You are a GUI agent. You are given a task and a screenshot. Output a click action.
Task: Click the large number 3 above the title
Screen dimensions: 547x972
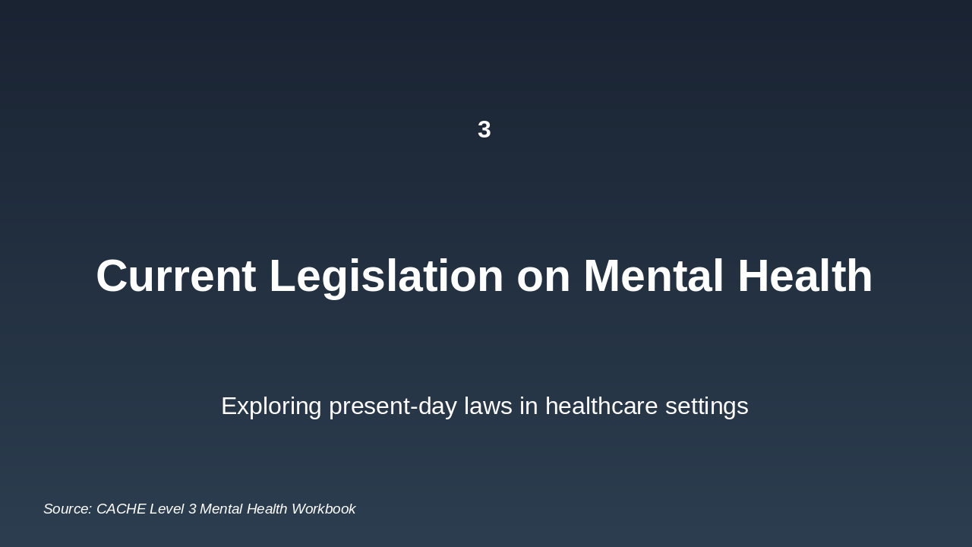click(484, 130)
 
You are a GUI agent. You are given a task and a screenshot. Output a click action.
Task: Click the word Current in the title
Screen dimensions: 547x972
click(175, 276)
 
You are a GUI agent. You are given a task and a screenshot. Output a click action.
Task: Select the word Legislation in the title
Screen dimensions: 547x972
click(387, 276)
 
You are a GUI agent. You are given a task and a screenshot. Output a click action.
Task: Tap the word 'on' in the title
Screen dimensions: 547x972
click(543, 276)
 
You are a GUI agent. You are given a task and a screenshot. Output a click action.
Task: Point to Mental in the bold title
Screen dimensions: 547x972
click(653, 276)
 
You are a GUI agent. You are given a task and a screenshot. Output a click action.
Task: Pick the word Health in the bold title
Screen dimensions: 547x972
click(805, 276)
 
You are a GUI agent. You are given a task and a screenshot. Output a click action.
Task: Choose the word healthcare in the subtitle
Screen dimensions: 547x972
click(601, 406)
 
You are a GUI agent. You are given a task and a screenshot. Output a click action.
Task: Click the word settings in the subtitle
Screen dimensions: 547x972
click(706, 406)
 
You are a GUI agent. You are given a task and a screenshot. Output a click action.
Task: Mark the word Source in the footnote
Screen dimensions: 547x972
click(67, 509)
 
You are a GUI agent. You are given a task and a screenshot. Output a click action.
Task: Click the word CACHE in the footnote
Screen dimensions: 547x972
click(121, 509)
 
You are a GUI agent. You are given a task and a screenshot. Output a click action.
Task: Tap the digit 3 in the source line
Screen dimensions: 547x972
click(192, 509)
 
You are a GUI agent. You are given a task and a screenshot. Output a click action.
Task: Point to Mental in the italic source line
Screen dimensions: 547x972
click(221, 509)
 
